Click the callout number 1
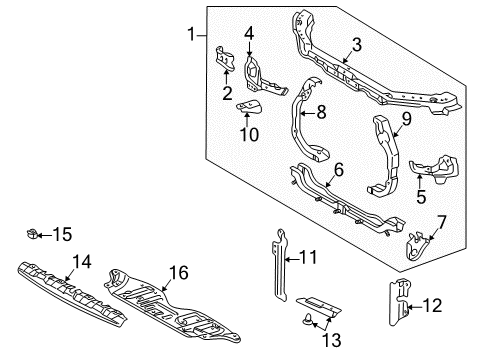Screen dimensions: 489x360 pos(191,34)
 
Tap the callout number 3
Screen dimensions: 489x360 pos(357,45)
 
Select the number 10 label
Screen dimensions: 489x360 pos(249,134)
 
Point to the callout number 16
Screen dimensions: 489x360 pos(179,272)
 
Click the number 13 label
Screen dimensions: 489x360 pos(332,340)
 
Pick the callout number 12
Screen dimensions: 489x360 pos(432,305)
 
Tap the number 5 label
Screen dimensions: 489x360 pos(421,196)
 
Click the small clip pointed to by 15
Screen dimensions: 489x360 pos(32,234)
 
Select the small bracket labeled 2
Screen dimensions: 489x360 pos(225,59)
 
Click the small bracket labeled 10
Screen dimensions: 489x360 pos(249,107)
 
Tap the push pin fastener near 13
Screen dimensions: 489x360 pos(306,320)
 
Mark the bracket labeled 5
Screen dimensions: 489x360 pos(435,170)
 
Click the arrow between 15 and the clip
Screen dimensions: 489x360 pos(44,235)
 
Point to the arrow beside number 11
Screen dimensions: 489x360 pos(292,259)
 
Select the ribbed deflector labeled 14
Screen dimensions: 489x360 pos(72,294)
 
